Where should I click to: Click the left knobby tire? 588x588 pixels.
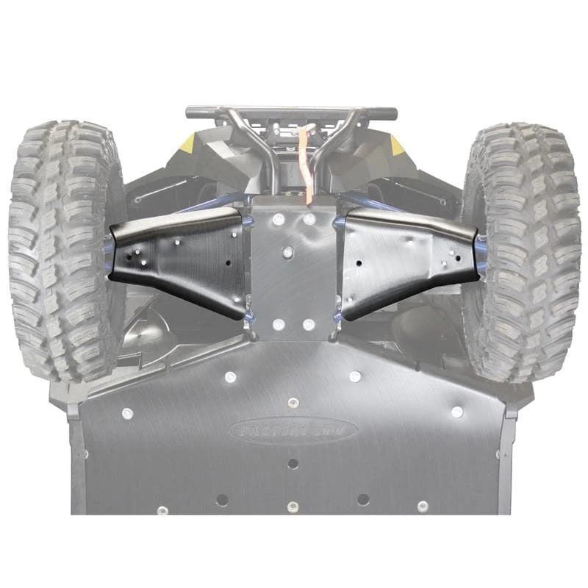click(62, 250)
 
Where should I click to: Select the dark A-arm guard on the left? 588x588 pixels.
click(180, 257)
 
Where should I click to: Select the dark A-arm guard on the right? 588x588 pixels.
click(408, 257)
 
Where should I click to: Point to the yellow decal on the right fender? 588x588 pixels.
click(398, 145)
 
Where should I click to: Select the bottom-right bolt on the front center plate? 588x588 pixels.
click(312, 324)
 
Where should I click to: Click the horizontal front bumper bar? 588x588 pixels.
click(291, 113)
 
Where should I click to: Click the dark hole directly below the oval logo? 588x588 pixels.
click(293, 464)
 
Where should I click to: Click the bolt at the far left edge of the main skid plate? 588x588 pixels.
click(127, 412)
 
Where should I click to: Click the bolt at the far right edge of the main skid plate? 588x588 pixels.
click(456, 412)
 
